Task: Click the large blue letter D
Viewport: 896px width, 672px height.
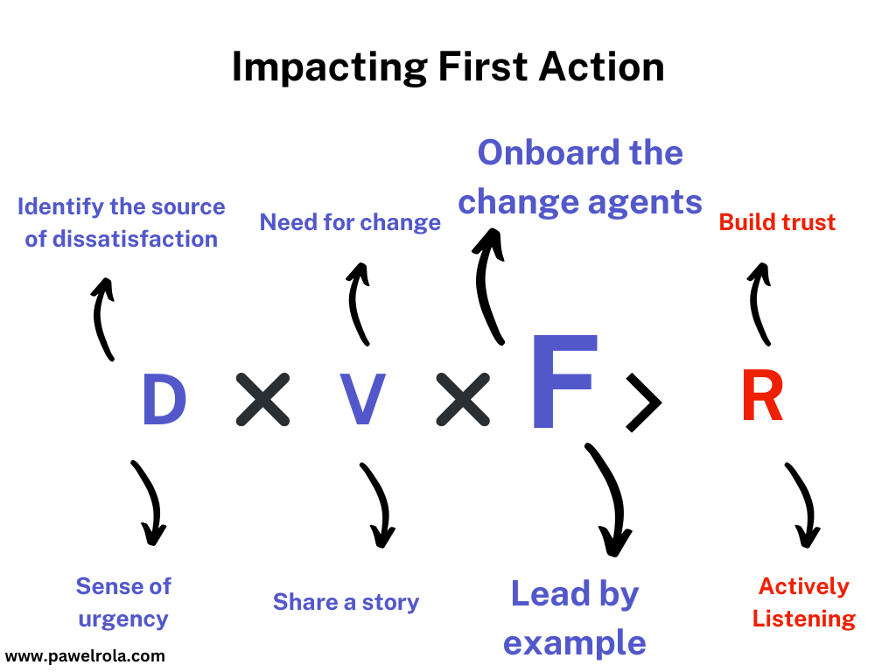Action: (164, 401)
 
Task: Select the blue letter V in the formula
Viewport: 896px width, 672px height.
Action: (361, 401)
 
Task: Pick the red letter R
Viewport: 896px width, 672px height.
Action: (761, 398)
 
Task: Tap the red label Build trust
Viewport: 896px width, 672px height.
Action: (777, 222)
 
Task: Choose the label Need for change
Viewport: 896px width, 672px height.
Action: (350, 222)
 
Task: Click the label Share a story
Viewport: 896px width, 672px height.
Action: (346, 602)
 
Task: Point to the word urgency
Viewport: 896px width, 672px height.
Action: (123, 619)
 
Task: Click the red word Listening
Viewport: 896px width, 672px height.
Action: (803, 619)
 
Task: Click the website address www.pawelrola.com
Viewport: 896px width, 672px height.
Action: (85, 654)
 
